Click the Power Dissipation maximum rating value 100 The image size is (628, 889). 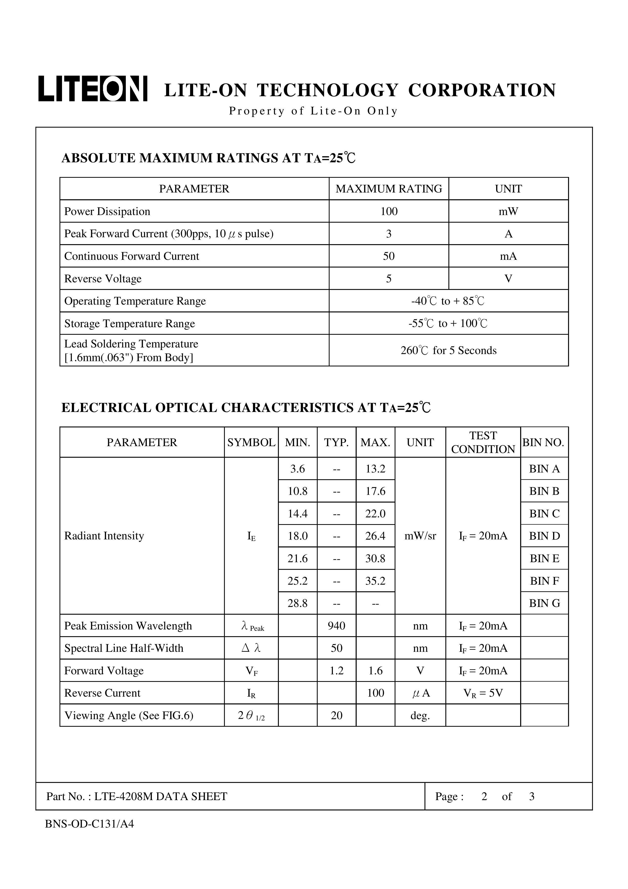[389, 211]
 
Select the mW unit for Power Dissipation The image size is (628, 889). [508, 211]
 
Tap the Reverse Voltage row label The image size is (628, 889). [103, 279]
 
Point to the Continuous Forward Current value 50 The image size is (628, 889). [389, 256]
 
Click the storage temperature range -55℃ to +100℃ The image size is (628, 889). [448, 323]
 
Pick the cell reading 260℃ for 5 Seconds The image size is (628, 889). [448, 350]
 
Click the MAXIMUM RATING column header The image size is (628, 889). [389, 189]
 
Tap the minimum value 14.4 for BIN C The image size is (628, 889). [297, 514]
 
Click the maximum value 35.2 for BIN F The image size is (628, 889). [375, 581]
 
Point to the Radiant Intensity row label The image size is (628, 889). [104, 536]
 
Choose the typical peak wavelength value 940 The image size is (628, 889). [336, 626]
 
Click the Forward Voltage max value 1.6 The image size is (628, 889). [375, 671]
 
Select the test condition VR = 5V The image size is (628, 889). [483, 693]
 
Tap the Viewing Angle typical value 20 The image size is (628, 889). [336, 716]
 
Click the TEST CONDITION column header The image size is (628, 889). [483, 442]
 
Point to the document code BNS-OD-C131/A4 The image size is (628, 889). [89, 824]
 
